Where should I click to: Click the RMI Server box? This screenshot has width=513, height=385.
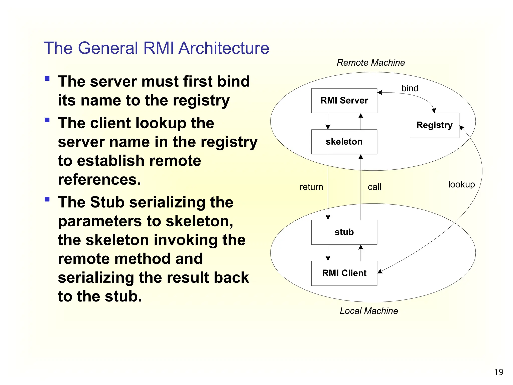[344, 101]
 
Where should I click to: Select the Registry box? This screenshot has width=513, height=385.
[434, 125]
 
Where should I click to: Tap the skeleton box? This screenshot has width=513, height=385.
[344, 142]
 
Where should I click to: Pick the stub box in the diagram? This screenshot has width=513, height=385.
[344, 232]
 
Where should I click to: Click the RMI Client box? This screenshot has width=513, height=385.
[344, 273]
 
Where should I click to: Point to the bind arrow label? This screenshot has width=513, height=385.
[410, 88]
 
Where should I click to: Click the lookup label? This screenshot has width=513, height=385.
[461, 184]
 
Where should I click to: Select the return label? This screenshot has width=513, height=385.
[311, 187]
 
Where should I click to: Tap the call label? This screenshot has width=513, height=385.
[374, 187]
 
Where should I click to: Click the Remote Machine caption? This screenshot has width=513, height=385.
[370, 63]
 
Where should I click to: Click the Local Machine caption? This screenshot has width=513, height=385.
[368, 311]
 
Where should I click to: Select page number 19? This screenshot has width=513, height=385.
[498, 372]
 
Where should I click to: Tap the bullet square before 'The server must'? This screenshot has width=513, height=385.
[47, 79]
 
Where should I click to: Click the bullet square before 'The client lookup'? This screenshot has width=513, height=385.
[47, 120]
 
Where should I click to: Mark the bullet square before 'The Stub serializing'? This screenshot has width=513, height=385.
[47, 199]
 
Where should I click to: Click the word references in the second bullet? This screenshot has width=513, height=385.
[99, 180]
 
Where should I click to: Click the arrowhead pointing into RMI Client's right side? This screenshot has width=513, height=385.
[379, 271]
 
